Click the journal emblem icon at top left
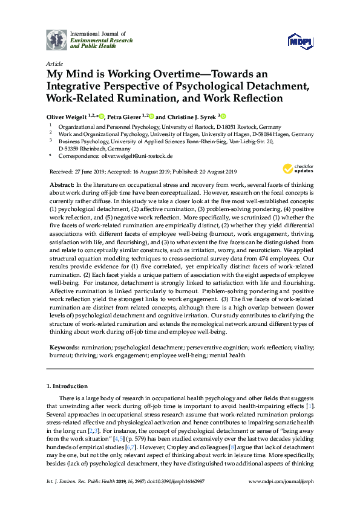click(x=56, y=39)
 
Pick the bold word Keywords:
click(x=63, y=348)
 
